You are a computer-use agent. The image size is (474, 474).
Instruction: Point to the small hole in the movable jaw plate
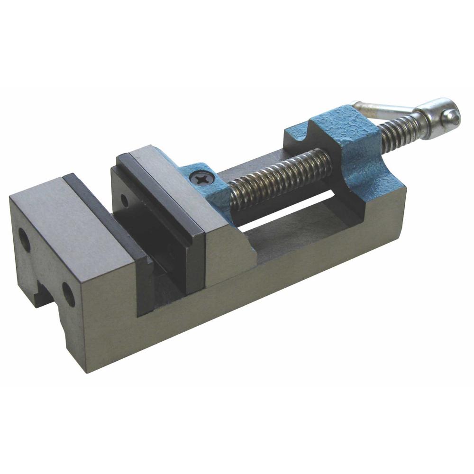pyautogui.click(x=124, y=201)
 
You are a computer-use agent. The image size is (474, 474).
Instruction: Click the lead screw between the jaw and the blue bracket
pyautogui.click(x=280, y=178)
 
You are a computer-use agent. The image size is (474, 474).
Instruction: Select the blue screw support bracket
pyautogui.click(x=341, y=142)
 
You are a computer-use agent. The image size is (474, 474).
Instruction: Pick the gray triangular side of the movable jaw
pyautogui.click(x=228, y=256)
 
